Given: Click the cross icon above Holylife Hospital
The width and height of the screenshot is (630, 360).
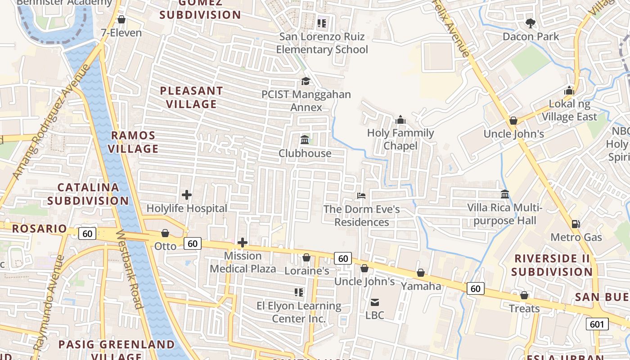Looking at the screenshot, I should pyautogui.click(x=187, y=195).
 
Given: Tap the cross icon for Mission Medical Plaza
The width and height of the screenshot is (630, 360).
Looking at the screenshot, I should pyautogui.click(x=243, y=243).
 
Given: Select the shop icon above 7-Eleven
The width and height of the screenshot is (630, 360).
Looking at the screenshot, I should pyautogui.click(x=121, y=20).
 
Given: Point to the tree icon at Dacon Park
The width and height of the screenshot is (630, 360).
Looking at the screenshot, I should pyautogui.click(x=531, y=23).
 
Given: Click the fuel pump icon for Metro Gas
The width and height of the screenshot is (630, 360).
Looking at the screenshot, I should pyautogui.click(x=575, y=224).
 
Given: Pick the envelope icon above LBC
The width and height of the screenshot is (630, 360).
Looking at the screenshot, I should pyautogui.click(x=375, y=302).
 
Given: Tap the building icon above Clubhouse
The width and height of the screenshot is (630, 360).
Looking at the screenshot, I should pyautogui.click(x=305, y=139).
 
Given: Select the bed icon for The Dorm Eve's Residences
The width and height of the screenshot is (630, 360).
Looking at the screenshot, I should pyautogui.click(x=361, y=196).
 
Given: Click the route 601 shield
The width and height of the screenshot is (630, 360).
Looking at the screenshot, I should pyautogui.click(x=598, y=324).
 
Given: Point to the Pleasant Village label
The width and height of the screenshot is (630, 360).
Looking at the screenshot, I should pyautogui.click(x=192, y=97).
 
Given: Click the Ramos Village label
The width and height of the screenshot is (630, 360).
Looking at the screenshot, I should pyautogui.click(x=133, y=142).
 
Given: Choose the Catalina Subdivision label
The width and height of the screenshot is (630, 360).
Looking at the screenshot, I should pyautogui.click(x=88, y=194).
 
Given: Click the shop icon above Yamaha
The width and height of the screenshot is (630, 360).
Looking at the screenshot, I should pyautogui.click(x=421, y=273).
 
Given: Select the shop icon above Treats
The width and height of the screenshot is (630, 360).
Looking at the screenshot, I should pyautogui.click(x=524, y=295).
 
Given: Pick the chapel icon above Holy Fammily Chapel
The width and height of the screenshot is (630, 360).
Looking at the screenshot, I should pyautogui.click(x=400, y=120).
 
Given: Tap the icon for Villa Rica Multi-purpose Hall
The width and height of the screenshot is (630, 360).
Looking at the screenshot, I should pyautogui.click(x=505, y=194).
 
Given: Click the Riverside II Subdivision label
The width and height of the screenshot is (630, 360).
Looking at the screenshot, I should pyautogui.click(x=552, y=265).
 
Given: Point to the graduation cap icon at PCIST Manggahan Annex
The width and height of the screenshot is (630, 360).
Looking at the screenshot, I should pyautogui.click(x=306, y=81).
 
